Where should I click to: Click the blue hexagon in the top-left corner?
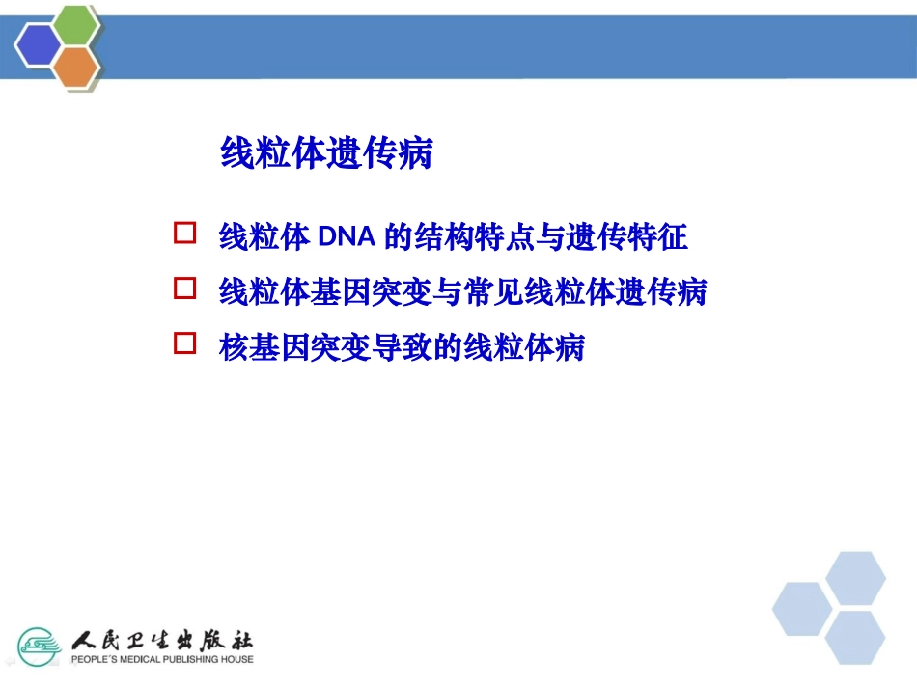coord(39,44)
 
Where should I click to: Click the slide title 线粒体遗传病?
coord(326,153)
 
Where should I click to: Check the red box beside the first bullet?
coord(184,234)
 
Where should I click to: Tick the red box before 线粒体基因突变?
coord(184,289)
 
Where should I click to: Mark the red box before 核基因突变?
coord(184,344)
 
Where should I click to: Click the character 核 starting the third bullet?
coord(233,346)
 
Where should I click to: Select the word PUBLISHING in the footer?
coord(186,660)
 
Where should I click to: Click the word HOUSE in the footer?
coord(236,660)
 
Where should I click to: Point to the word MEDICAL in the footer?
coord(130,660)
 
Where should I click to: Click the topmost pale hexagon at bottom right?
coord(855,579)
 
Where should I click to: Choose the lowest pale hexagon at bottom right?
coord(855,637)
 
